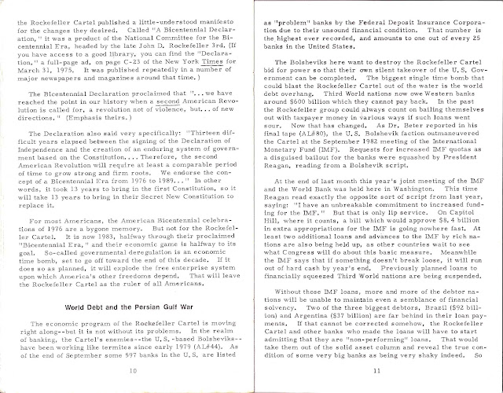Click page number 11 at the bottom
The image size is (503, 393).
click(x=378, y=369)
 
